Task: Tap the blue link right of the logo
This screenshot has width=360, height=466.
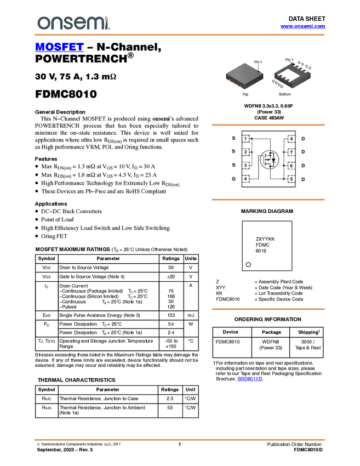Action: (302, 26)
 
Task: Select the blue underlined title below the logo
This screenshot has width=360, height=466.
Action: (59, 47)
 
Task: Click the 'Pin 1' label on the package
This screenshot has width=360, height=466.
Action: (258, 62)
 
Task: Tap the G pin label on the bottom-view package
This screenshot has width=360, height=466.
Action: (310, 67)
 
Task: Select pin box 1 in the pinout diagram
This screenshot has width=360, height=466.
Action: (247, 139)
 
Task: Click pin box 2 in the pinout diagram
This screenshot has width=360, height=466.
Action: (247, 152)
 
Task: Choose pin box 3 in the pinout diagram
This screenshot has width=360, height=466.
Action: (247, 166)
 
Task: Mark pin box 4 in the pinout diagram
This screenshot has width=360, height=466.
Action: (247, 179)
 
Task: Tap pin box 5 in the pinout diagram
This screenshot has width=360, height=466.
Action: (291, 179)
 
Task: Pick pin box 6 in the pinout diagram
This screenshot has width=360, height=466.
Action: (291, 166)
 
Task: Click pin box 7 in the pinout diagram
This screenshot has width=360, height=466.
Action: (291, 152)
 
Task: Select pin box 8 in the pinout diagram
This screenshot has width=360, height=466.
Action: (291, 139)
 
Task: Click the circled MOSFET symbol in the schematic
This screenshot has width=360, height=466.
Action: (268, 160)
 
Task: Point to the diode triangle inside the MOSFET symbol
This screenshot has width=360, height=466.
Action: (273, 160)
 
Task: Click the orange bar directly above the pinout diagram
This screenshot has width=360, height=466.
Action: (268, 125)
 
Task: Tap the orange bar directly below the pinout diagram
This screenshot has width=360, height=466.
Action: (268, 200)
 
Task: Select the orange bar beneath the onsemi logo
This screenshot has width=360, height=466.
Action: (180, 35)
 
